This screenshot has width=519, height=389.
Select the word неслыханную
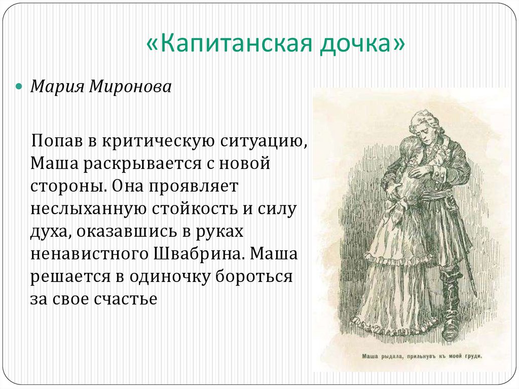click(84, 208)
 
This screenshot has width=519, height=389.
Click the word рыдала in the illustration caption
click(391, 356)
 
